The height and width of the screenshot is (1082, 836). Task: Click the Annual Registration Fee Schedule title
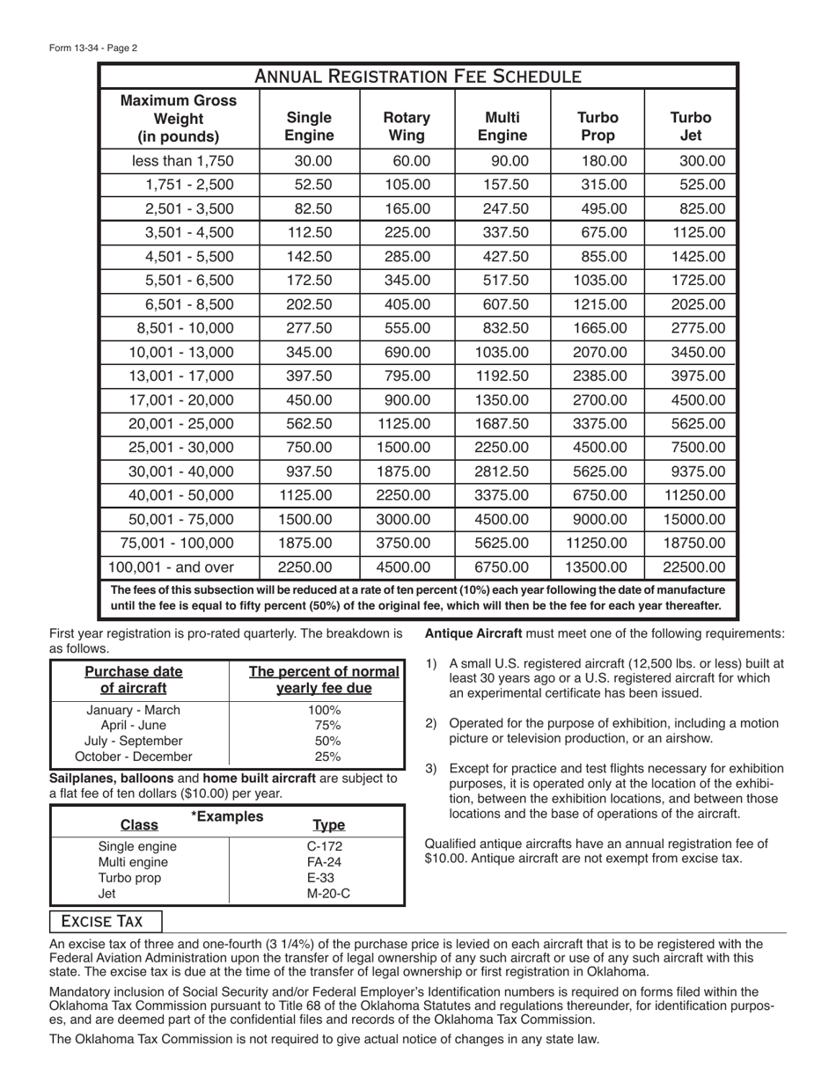click(418, 77)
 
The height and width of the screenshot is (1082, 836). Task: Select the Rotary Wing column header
click(407, 127)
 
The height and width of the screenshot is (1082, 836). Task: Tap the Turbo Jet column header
click(691, 127)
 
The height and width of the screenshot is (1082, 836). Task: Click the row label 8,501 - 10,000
click(186, 328)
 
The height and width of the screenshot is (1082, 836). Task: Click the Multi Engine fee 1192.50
click(502, 376)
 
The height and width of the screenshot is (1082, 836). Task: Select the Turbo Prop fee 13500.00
click(596, 567)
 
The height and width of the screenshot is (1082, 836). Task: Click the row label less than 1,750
click(182, 161)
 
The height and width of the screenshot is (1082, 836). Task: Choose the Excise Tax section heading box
click(106, 921)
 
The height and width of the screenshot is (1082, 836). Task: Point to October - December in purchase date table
click(134, 756)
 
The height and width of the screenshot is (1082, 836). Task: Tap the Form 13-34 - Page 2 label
click(93, 48)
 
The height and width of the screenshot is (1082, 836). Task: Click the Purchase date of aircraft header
click(134, 679)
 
